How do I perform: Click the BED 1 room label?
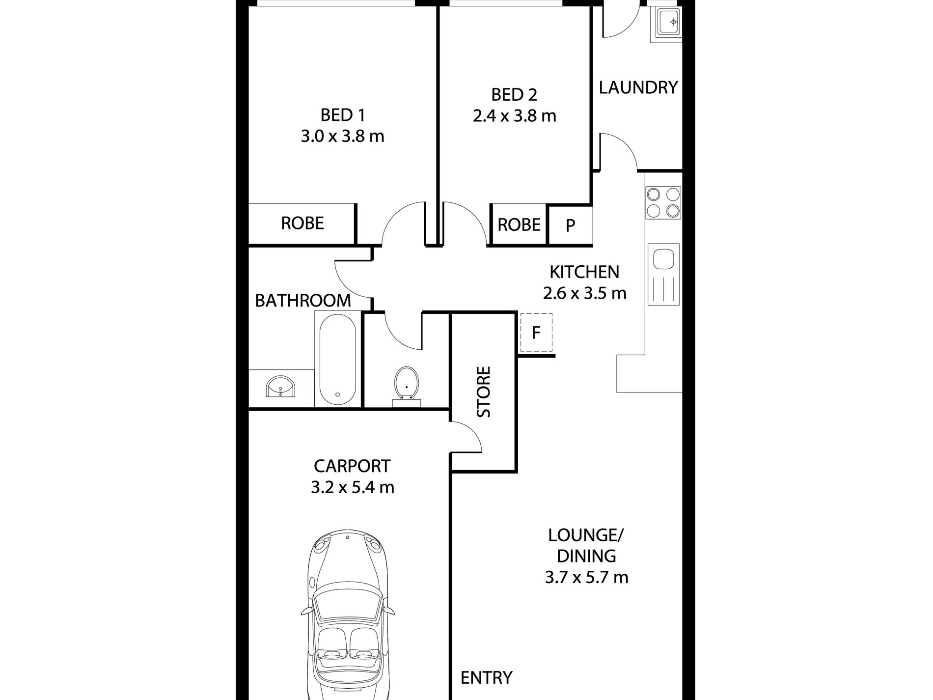pos(342,115)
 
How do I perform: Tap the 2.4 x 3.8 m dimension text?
pos(514,116)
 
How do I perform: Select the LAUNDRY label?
pos(638,87)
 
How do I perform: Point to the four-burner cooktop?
pos(663,202)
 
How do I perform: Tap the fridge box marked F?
pos(536,333)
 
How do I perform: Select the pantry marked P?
pos(570,225)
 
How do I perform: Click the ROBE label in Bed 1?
pos(302,224)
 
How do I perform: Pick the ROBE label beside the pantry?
pos(519,225)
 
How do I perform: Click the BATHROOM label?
pos(303,300)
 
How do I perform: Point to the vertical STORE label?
pos(484,392)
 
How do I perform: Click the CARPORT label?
pos(352,466)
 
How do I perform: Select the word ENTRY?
pos(486,678)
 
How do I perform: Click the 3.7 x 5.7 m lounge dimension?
pos(586,577)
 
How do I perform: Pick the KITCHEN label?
pos(584,272)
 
